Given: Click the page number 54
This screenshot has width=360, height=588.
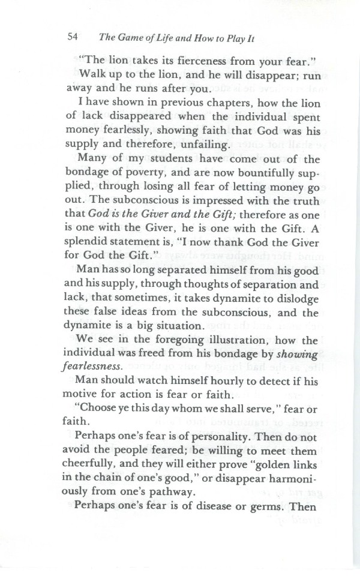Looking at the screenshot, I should tap(74, 36).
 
